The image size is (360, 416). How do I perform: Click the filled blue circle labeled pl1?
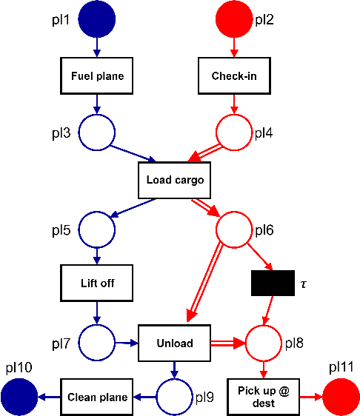pos(97,19)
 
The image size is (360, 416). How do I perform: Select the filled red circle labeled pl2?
pos(234,19)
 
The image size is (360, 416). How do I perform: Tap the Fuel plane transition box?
pos(97,76)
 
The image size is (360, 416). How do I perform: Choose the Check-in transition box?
pos(234,76)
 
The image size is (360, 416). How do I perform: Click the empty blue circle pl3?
pos(97,133)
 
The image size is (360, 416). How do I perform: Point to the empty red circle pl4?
pos(234,133)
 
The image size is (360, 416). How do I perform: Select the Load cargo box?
pos(175,180)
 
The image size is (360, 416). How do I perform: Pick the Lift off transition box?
pos(97,283)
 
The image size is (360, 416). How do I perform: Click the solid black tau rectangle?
pos(273,283)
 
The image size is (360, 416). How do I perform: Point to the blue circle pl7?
pos(97,343)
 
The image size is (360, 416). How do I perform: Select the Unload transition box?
pos(175,343)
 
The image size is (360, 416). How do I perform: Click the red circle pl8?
pos(263,343)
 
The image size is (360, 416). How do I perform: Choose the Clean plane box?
pos(97,397)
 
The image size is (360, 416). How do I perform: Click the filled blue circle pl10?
pos(19,397)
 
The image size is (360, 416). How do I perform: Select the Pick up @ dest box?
pos(263,397)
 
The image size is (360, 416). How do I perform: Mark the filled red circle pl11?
pos(340,397)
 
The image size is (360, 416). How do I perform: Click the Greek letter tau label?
pos(304,284)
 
